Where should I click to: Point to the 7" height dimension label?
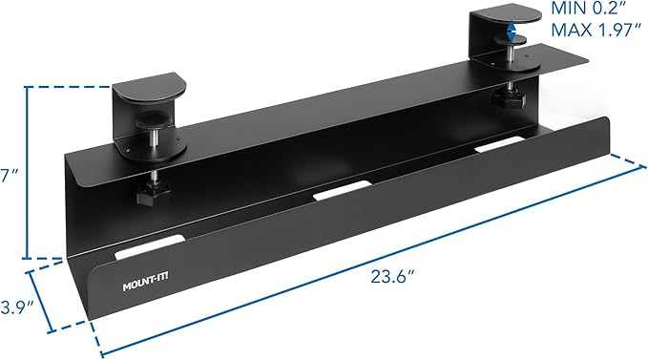coord(7,175)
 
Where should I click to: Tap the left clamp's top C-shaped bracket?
coord(148,95)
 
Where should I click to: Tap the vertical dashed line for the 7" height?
coord(26,172)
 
